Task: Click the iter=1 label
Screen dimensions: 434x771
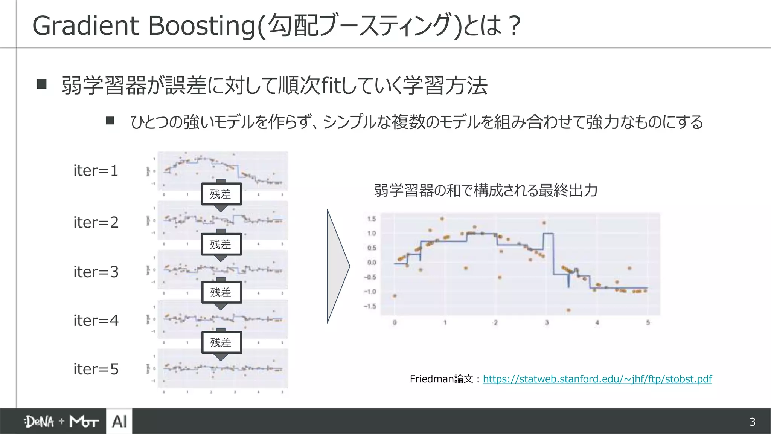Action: pos(96,171)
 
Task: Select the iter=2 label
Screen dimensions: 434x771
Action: pos(96,222)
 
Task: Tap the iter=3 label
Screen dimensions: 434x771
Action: pos(96,272)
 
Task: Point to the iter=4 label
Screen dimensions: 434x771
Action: pos(96,321)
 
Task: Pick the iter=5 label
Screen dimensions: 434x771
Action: pos(96,369)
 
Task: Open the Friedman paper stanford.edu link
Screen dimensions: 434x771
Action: pos(597,379)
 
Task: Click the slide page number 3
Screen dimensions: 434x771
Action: pos(752,422)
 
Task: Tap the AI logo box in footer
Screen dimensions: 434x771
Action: pos(119,421)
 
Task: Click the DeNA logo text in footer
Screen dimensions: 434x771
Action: pos(39,422)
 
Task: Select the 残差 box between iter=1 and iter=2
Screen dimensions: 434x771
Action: pos(221,194)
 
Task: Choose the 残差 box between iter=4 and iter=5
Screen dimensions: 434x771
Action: pos(221,342)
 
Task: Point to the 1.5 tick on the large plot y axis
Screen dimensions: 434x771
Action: pos(371,219)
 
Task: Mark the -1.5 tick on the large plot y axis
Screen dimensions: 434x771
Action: pos(370,306)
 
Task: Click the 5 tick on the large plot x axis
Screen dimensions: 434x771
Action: pos(648,323)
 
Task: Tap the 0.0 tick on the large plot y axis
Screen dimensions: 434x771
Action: pos(371,263)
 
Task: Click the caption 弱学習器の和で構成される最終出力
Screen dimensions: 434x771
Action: pos(486,191)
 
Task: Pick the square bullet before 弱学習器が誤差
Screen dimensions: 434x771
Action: pos(42,84)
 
